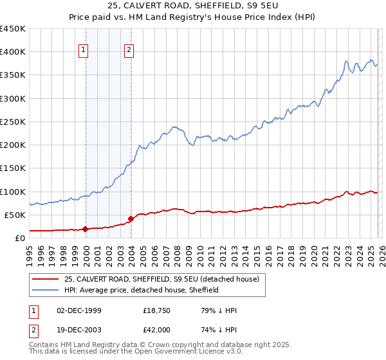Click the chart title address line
(x=193, y=6)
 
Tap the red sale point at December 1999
(x=85, y=229)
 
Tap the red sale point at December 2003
(x=131, y=219)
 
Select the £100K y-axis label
(x=13, y=192)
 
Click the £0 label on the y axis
(x=19, y=238)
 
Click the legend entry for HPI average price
(x=142, y=290)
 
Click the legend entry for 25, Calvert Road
(x=161, y=279)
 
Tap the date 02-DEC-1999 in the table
(x=79, y=310)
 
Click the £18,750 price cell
(x=156, y=310)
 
